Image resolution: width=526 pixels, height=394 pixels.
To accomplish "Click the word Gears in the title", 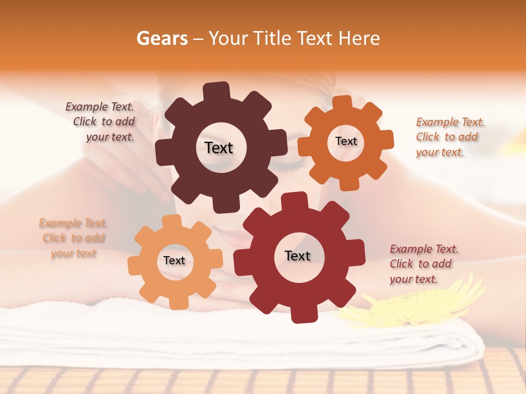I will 162,38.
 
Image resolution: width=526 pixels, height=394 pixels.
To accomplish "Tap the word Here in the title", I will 359,38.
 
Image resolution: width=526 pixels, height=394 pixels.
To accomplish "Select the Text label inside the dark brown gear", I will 219,148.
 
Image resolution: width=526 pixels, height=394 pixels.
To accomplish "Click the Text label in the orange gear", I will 346,141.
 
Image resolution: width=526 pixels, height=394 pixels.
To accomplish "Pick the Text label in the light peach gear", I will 174,260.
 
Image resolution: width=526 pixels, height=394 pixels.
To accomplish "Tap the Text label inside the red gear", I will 298,256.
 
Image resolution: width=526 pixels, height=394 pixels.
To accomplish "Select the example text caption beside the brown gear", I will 101,121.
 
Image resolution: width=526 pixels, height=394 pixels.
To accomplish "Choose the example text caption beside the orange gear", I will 450,137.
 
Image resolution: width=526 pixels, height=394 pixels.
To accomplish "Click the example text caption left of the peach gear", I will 73,238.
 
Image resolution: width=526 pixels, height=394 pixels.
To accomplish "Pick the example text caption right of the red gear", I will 424,264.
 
